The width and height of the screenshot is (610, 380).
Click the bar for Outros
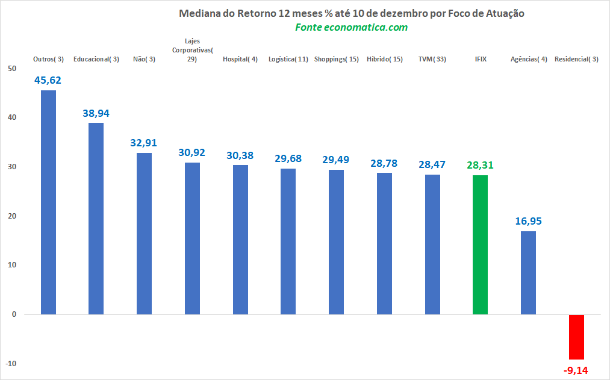point(48,202)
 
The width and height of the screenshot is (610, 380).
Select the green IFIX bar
point(480,245)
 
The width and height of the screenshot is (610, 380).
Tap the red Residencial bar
point(576,337)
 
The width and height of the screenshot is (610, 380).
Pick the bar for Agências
point(528,273)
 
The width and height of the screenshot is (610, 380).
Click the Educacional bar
point(96,219)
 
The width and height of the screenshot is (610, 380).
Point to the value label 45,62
point(48,80)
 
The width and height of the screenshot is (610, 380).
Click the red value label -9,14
point(576,370)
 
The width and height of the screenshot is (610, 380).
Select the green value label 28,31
point(480,165)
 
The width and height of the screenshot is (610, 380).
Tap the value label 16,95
point(528,221)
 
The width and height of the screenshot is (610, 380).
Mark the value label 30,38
point(240,155)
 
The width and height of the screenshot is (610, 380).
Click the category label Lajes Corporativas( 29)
point(192,50)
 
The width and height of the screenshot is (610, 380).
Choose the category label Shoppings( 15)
point(337,59)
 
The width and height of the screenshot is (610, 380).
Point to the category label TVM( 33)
point(432,59)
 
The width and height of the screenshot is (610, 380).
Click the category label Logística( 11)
point(288,59)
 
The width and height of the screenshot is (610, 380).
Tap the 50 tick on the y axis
point(12,69)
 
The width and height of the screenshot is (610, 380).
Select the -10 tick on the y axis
point(11,363)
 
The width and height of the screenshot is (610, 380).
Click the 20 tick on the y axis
point(12,216)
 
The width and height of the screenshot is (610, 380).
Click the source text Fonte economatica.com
point(351,27)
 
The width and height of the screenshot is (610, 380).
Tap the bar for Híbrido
point(384,243)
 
